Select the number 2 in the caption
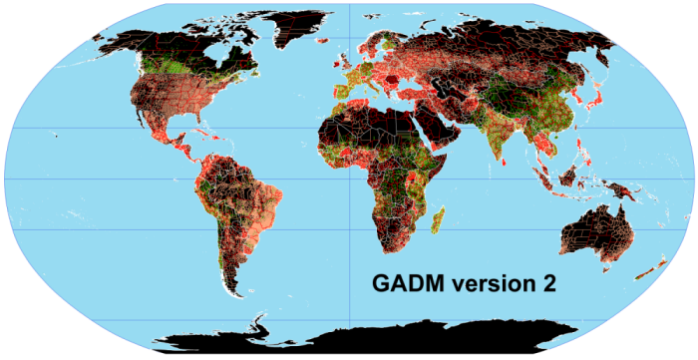coord(547,284)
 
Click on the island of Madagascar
coord(437,218)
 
